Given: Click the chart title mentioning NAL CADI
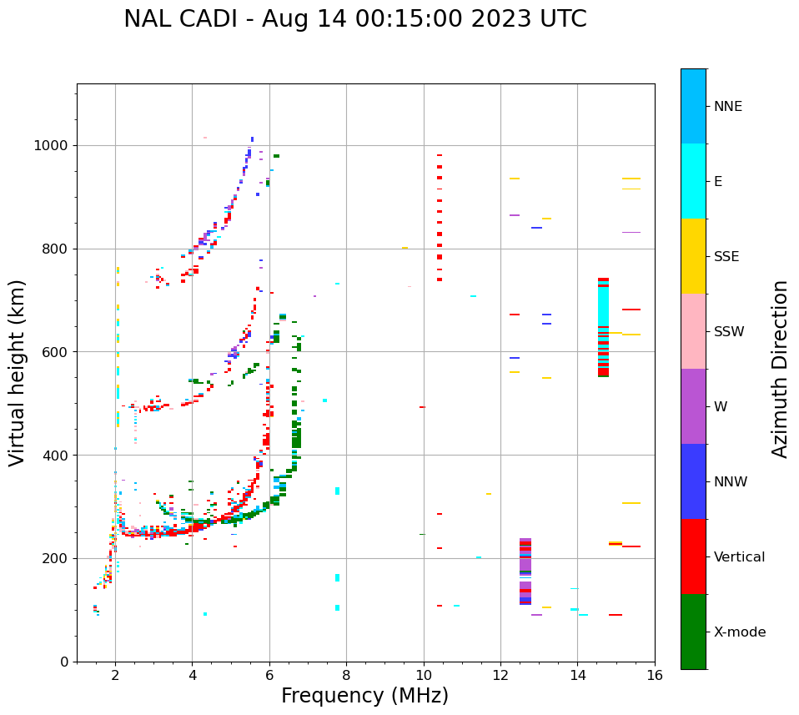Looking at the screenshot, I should pyautogui.click(x=354, y=19).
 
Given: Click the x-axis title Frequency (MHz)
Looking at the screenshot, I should pyautogui.click(x=364, y=696).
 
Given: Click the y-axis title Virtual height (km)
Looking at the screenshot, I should pyautogui.click(x=18, y=373).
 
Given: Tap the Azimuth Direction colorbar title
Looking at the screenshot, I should pyautogui.click(x=780, y=369).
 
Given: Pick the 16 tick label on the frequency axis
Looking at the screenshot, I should pyautogui.click(x=654, y=675).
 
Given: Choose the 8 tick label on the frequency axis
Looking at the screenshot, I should pyautogui.click(x=346, y=675).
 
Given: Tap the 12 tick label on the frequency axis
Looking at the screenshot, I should pyautogui.click(x=500, y=675).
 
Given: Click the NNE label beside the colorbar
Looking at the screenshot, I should pyautogui.click(x=727, y=107).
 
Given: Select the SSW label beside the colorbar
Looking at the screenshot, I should pyautogui.click(x=728, y=332).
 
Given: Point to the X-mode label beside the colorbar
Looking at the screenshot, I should pyautogui.click(x=739, y=632).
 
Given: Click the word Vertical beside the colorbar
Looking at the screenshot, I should pyautogui.click(x=739, y=557).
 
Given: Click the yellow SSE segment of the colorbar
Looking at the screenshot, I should pyautogui.click(x=693, y=256).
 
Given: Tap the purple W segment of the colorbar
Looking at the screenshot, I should pyautogui.click(x=693, y=406).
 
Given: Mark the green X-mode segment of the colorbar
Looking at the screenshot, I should pyautogui.click(x=693, y=632).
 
